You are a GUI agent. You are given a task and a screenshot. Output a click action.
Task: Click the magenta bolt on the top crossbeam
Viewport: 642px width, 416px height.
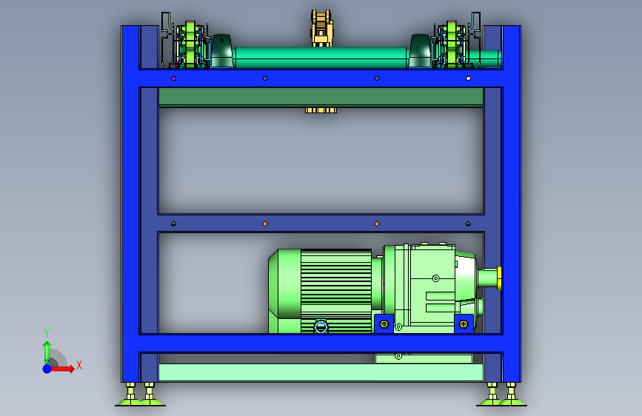173,78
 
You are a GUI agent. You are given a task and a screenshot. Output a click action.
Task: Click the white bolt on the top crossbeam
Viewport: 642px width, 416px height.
469,78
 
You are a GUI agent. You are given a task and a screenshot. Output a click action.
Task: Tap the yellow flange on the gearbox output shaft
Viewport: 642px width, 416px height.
499,278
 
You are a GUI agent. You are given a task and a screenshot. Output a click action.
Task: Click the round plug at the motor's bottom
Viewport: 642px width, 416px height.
321,326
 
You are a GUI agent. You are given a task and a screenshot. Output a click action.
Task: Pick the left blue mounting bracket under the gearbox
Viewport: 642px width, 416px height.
384,324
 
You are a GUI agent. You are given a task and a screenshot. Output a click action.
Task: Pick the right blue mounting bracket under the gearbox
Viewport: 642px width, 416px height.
464,324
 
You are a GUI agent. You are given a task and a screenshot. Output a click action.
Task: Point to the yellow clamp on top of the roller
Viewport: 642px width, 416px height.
322,28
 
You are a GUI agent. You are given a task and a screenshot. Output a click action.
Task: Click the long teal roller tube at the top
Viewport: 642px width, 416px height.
321,57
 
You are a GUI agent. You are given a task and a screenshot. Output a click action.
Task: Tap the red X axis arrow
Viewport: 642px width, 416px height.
61,369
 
